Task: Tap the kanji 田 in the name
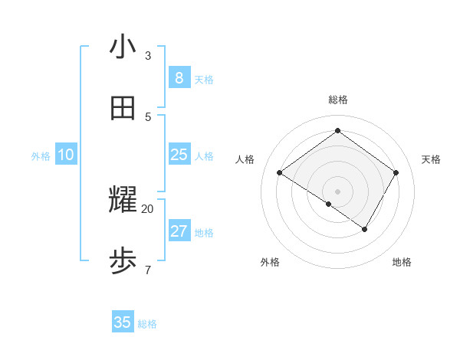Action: (123, 108)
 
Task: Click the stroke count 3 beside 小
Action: (148, 56)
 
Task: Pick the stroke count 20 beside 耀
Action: (148, 208)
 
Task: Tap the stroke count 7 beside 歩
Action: (148, 270)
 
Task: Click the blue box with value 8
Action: (179, 78)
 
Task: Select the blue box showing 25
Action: (179, 155)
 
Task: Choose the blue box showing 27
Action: (179, 231)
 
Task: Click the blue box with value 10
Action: (66, 155)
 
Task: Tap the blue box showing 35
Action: (123, 322)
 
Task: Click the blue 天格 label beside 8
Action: (204, 80)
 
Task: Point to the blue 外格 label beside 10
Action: (41, 156)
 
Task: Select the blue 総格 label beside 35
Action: (147, 324)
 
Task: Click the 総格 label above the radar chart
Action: (338, 100)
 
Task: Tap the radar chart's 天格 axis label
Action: (431, 159)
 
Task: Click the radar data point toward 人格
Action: (280, 173)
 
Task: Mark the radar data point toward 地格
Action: (365, 229)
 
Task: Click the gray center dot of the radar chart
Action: (338, 191)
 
